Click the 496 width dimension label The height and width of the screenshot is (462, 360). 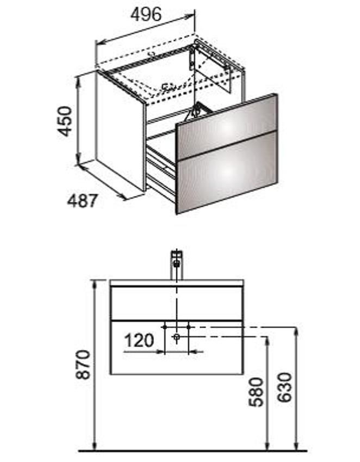click(x=146, y=14)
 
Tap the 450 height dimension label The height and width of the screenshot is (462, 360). click(x=65, y=121)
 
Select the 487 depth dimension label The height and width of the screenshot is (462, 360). click(x=82, y=201)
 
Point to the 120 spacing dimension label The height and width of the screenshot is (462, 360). click(x=139, y=340)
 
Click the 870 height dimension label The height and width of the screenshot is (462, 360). click(x=83, y=365)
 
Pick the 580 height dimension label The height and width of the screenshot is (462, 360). click(x=256, y=392)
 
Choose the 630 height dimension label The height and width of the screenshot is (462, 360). click(x=284, y=387)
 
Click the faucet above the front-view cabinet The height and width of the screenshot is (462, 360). click(x=177, y=264)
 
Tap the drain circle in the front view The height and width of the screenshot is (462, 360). click(x=177, y=337)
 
